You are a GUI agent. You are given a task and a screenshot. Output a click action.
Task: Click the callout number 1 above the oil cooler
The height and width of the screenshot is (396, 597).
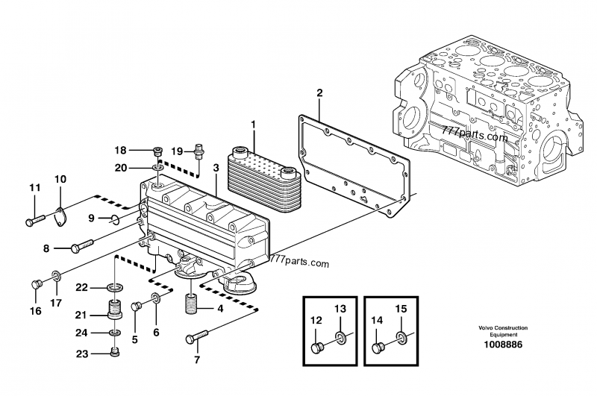[253, 125]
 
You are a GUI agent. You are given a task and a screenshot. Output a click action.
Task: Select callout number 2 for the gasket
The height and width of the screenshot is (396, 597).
[319, 92]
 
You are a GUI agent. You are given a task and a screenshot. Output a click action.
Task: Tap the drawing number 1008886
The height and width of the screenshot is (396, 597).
[503, 345]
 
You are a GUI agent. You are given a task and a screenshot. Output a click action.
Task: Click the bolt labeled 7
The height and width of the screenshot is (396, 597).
[197, 337]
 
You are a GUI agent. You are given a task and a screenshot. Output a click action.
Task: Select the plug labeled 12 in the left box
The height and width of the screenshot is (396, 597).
[317, 348]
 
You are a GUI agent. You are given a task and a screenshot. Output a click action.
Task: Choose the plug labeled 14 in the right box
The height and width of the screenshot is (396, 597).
[378, 348]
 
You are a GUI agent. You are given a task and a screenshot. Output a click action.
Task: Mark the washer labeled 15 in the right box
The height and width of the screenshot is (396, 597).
[401, 336]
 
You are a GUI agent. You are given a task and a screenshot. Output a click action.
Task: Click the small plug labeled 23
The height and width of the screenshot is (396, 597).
[115, 352]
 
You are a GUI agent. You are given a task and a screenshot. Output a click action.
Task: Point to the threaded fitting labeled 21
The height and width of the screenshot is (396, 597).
[114, 309]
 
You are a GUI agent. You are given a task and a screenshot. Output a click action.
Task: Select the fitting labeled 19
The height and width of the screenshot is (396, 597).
[199, 150]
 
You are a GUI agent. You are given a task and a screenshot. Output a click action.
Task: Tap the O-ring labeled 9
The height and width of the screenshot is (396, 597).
[115, 219]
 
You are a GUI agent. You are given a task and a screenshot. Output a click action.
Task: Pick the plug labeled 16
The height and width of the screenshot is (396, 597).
[36, 284]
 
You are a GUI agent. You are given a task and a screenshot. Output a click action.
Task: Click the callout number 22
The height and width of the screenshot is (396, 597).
[81, 288]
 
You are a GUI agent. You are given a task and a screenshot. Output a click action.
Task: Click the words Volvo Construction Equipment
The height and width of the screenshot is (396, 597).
[503, 331]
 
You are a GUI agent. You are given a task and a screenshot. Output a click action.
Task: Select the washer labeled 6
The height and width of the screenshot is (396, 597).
[156, 298]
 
